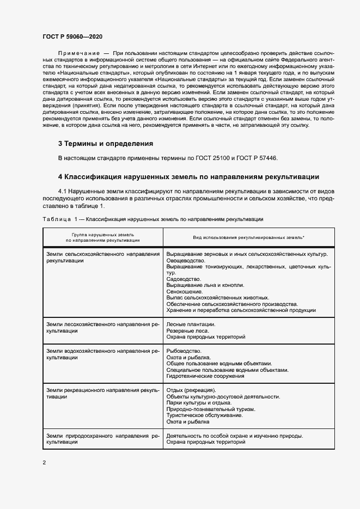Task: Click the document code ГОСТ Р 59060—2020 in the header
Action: point(71,36)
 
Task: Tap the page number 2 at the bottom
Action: point(44,462)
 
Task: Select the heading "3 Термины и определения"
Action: point(105,144)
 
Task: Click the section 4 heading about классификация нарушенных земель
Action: point(188,176)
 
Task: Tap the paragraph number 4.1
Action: point(64,191)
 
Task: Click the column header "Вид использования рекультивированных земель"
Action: point(248,238)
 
